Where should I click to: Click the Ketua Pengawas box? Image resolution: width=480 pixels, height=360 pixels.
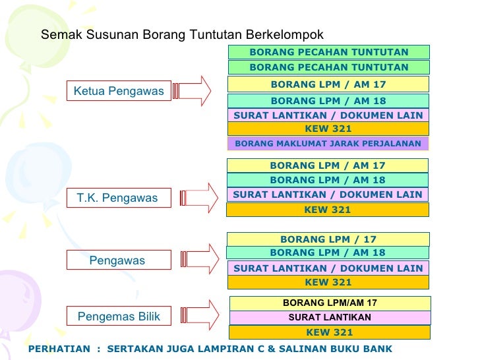[x=119, y=91]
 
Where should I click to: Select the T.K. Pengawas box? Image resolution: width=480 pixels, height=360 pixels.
[x=118, y=198]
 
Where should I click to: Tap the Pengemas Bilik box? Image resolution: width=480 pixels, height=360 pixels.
[x=119, y=317]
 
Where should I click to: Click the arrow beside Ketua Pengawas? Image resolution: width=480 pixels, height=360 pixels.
[x=192, y=90]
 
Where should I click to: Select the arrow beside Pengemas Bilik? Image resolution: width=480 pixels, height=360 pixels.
[x=199, y=315]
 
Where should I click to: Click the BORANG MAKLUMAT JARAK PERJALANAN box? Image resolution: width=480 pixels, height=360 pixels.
[x=328, y=144]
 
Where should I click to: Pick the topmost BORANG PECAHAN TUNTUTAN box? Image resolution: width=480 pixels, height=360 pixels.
[x=329, y=52]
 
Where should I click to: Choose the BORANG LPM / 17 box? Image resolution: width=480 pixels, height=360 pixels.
[x=328, y=239]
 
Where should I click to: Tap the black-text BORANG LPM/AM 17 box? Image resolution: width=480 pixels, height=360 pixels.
[x=330, y=303]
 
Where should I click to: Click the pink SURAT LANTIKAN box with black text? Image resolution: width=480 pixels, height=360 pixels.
[x=330, y=317]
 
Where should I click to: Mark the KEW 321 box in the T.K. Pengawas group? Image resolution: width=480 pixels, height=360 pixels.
[x=327, y=210]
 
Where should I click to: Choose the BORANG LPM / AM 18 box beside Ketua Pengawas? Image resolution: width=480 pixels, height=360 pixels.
[x=328, y=101]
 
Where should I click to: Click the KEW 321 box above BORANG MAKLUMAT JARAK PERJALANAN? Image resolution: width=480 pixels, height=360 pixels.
[x=328, y=129]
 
